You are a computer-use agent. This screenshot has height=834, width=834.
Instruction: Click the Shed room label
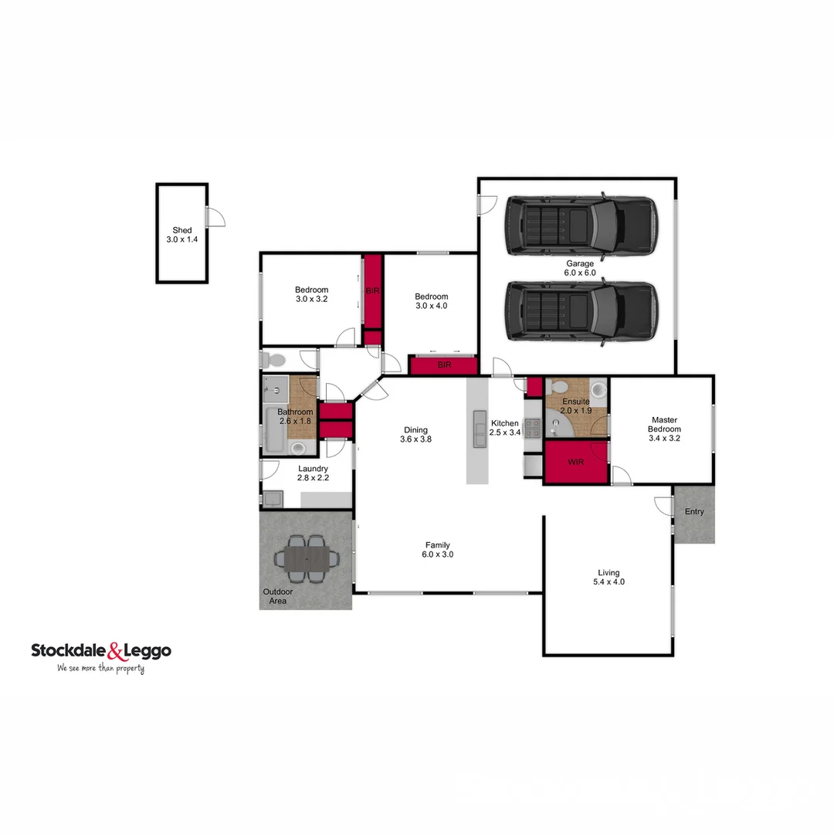coord(182,235)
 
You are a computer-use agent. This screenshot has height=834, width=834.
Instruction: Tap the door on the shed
coord(215,217)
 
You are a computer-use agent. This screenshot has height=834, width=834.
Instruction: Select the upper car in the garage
coord(581,227)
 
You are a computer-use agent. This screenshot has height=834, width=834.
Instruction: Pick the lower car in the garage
coord(581,311)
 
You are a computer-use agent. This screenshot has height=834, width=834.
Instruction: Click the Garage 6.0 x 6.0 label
coord(580,268)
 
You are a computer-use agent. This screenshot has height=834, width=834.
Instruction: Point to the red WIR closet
coord(575,463)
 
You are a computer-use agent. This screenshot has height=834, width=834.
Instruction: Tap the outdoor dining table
coord(307,557)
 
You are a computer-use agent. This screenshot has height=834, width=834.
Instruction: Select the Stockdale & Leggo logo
coord(101,651)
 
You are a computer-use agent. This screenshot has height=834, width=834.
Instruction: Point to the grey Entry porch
coord(694,514)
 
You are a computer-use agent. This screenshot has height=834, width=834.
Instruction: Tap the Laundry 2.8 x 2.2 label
coord(313,473)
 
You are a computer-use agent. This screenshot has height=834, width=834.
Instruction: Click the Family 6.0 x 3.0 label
coord(436,550)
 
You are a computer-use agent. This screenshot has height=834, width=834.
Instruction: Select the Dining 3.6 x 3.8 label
coord(415,435)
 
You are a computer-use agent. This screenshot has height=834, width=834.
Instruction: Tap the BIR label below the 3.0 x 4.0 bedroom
coord(444,365)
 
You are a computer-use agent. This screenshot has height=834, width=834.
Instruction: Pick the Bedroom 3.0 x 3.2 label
coord(311,294)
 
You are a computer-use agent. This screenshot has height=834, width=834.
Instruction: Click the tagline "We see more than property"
coord(100,668)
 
